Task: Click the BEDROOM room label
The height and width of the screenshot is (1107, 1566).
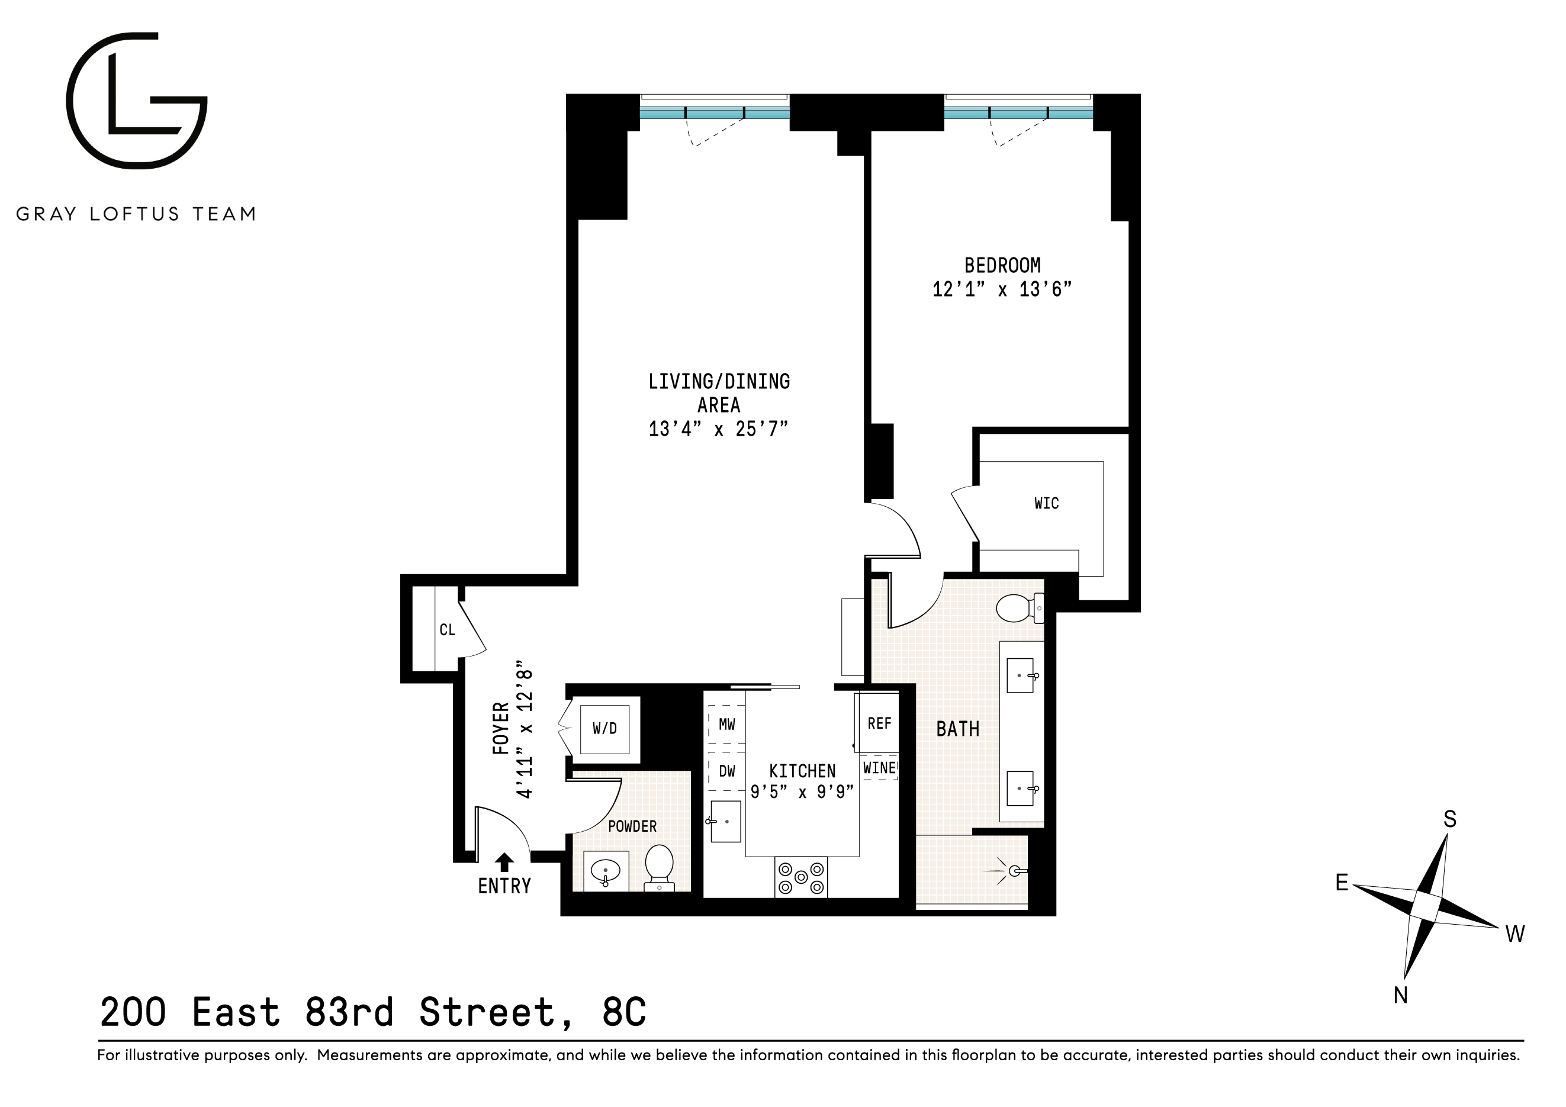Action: [x=1002, y=265]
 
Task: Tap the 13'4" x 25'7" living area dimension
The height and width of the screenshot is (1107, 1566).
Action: [x=718, y=429]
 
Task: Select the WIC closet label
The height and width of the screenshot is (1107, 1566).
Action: [x=1046, y=503]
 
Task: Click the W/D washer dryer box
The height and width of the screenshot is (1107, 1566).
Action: [x=604, y=729]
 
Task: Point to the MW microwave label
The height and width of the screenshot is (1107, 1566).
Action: [x=727, y=725]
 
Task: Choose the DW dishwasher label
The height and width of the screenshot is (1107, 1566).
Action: [x=727, y=771]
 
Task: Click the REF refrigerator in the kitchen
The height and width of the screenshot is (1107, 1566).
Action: [x=879, y=723]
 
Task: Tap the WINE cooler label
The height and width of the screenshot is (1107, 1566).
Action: [x=879, y=768]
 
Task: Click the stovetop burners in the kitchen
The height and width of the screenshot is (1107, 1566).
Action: [x=800, y=877]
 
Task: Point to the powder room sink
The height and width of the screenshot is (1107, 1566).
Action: [x=605, y=871]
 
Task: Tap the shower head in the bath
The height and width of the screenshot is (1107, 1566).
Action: [x=1015, y=871]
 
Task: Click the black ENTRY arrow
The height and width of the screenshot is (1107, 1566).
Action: [x=504, y=862]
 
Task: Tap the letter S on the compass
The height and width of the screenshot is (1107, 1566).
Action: [x=1449, y=819]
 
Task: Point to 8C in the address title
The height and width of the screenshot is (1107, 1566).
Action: [x=623, y=1012]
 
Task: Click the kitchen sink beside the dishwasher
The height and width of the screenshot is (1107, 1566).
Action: [x=726, y=822]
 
